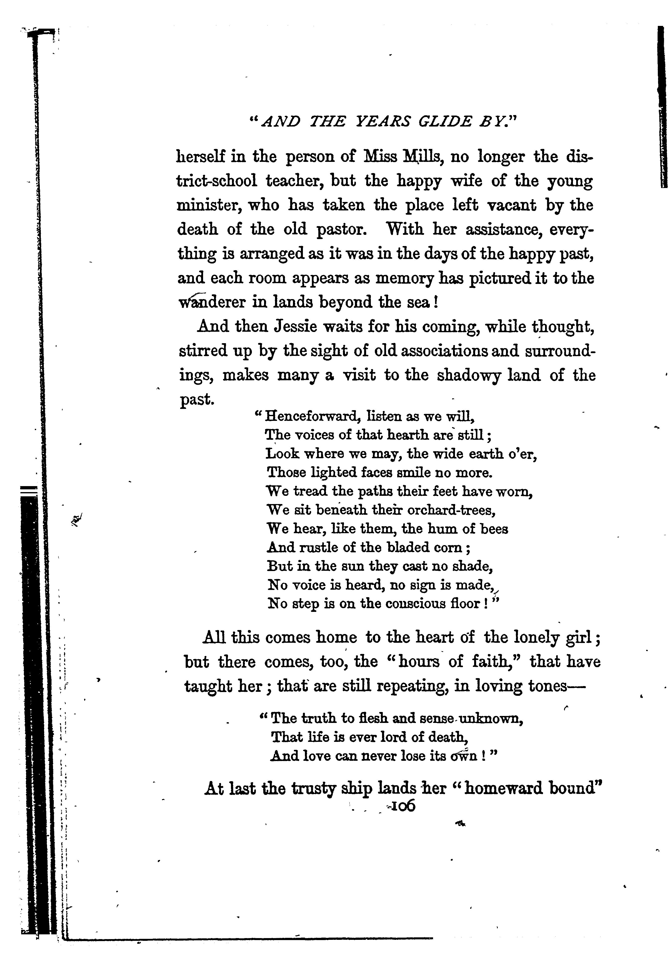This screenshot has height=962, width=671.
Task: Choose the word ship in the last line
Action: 356,788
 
